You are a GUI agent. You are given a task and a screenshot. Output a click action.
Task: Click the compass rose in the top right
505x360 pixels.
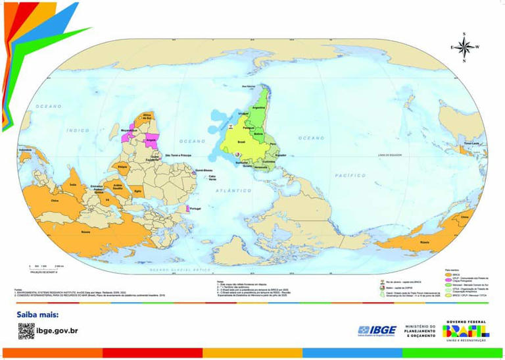(464, 47)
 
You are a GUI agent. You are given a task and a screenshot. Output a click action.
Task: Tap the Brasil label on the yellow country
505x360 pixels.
(240, 141)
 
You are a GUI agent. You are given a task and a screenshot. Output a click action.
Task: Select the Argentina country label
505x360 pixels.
(258, 107)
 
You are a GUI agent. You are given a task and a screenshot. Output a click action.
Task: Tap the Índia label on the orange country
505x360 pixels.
(73, 185)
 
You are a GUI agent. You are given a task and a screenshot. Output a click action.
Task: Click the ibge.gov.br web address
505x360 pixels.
(57, 330)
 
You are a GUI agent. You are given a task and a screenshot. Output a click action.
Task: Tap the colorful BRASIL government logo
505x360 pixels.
(466, 328)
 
